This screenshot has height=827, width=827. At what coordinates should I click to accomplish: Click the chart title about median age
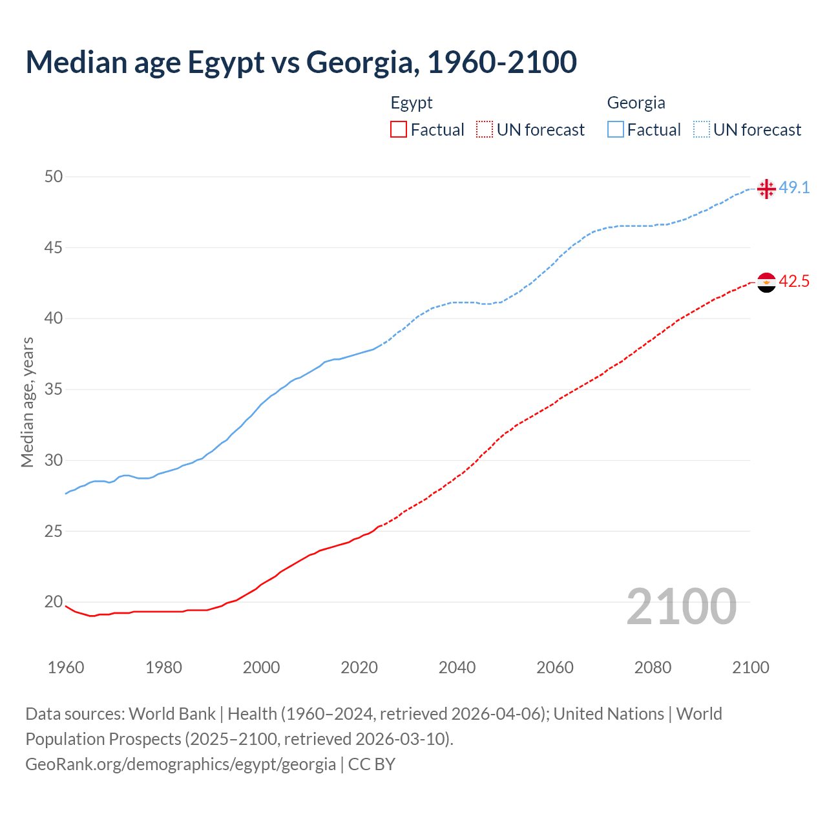[301, 62]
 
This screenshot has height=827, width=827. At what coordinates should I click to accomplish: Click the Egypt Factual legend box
[399, 129]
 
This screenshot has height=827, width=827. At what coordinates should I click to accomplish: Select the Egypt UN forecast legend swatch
[485, 129]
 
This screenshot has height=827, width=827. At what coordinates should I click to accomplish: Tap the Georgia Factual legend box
[616, 129]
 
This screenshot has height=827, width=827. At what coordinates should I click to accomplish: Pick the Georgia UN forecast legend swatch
[702, 129]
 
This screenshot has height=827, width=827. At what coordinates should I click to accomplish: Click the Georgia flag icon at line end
[766, 189]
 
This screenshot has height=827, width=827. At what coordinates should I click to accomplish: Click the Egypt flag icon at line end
[766, 282]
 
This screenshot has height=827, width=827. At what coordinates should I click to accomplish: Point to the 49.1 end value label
[794, 188]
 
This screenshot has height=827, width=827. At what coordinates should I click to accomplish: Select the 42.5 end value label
[794, 282]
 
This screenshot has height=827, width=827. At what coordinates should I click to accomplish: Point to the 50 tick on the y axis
[54, 176]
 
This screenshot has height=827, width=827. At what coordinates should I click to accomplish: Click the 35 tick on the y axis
[54, 389]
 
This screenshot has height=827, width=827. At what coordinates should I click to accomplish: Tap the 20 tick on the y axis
[54, 602]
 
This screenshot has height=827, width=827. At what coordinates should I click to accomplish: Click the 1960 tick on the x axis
[66, 667]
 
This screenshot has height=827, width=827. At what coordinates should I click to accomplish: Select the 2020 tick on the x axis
[359, 667]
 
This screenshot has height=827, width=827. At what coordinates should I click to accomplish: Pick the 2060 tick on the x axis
[555, 667]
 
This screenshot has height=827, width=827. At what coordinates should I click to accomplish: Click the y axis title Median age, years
[27, 402]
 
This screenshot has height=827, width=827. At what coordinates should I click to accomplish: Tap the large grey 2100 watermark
[681, 606]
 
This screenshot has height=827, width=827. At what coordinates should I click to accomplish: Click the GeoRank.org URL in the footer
[181, 764]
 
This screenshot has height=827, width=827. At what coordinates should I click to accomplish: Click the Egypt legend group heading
[412, 103]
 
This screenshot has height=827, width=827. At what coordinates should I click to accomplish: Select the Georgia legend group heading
[636, 103]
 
